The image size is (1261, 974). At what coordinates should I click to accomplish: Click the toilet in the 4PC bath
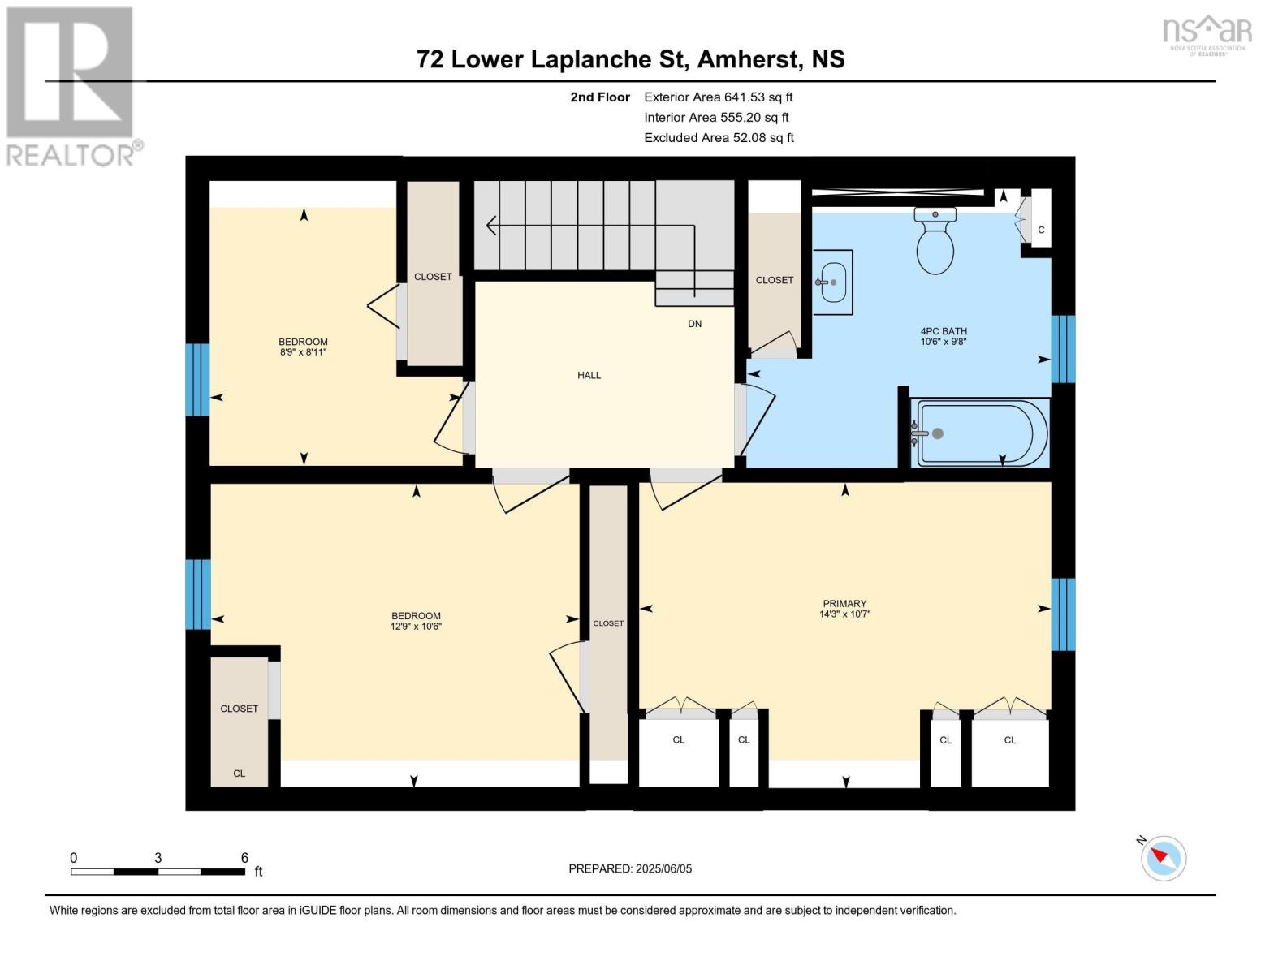[x=935, y=243]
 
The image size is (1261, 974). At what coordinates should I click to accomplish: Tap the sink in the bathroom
[x=832, y=282]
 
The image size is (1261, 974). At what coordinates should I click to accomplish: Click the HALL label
[x=589, y=375]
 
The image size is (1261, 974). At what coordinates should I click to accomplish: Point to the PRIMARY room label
[x=844, y=603]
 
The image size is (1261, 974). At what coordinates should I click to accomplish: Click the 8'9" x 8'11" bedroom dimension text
[x=303, y=352]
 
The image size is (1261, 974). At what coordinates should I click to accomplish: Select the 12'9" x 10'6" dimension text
[x=416, y=626]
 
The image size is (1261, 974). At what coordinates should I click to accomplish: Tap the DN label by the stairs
[x=694, y=324]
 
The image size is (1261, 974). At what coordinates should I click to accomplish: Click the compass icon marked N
[x=1163, y=857]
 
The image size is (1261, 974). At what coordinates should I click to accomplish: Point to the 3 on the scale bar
[x=158, y=858]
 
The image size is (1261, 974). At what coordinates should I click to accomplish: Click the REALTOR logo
[x=71, y=85]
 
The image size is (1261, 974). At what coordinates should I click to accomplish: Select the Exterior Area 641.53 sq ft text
[x=718, y=97]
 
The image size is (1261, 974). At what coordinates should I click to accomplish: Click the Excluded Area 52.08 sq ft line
[x=719, y=138]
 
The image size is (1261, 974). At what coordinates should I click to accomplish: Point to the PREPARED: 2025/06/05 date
[x=630, y=868]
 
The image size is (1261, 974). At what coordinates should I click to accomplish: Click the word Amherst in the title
[x=745, y=59]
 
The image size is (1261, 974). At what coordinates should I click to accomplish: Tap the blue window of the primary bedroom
[x=1063, y=614]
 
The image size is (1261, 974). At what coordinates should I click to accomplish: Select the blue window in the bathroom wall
[x=1063, y=349]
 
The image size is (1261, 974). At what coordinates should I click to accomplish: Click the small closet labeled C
[x=1041, y=230]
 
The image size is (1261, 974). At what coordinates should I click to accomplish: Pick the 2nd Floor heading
[x=600, y=97]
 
